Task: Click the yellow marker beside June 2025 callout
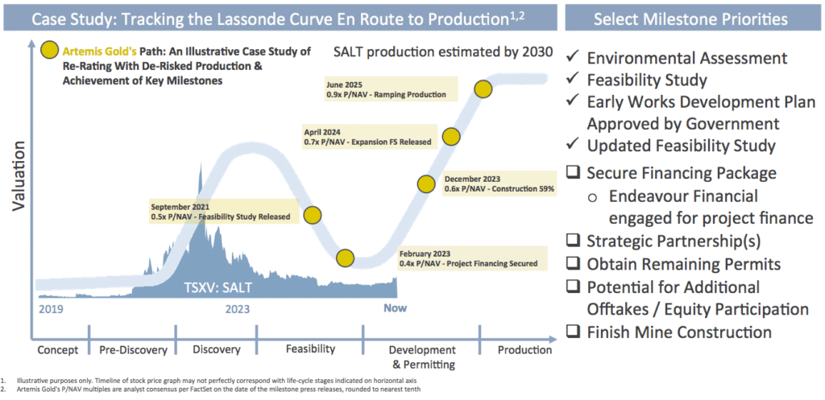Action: click(483, 89)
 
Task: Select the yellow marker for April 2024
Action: click(451, 137)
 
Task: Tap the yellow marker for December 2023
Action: click(426, 184)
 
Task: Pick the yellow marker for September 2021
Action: click(313, 215)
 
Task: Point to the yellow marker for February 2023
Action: click(345, 258)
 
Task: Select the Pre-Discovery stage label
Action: click(133, 350)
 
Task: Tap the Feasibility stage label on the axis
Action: click(310, 349)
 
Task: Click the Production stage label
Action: click(524, 350)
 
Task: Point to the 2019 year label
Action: click(52, 308)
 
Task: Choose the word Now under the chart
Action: click(395, 308)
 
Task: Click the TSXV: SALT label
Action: click(218, 288)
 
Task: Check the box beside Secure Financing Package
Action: click(573, 172)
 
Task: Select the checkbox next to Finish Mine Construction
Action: click(573, 332)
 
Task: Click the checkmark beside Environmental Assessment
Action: click(573, 57)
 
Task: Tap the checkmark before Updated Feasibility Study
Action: click(573, 143)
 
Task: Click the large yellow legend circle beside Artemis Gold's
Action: click(50, 52)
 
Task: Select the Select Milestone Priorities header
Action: click(690, 19)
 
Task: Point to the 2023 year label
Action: click(238, 308)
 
